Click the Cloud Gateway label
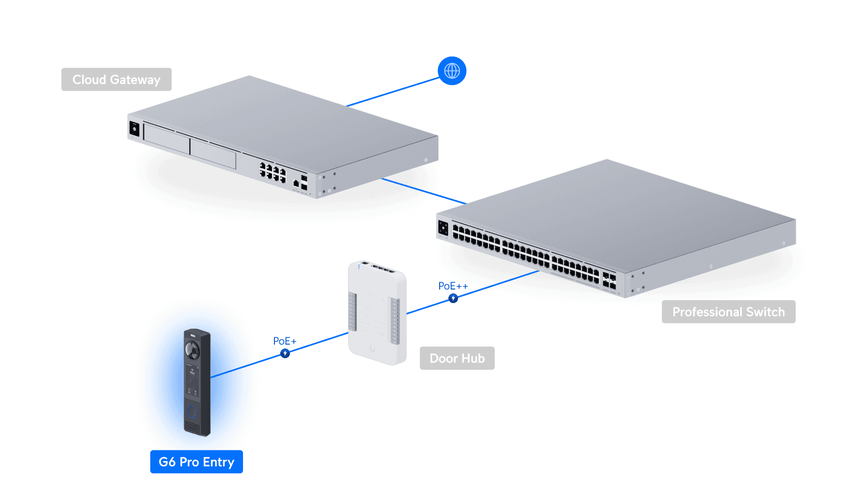pos(116,80)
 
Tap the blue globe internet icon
pos(452,71)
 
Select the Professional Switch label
pos(728,312)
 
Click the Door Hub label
pos(457,358)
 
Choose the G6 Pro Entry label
pos(197,462)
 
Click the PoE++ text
pos(453,286)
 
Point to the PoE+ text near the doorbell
pos(285,341)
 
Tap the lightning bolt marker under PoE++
pos(453,298)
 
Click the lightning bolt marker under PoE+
pos(285,353)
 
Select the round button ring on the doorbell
pos(192,412)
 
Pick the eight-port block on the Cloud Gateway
pos(272,173)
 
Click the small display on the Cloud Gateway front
pos(134,129)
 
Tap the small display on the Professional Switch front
pos(443,228)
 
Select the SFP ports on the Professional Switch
pos(609,281)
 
